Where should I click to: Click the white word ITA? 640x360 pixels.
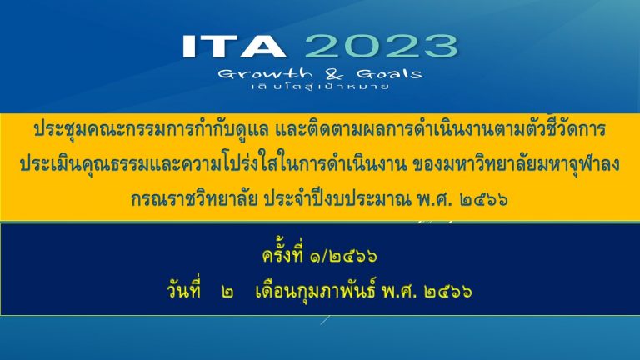point(234,46)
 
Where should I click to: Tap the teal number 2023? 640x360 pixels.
point(381,46)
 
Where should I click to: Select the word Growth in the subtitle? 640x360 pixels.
point(265,74)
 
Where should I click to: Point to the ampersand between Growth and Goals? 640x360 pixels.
point(334,74)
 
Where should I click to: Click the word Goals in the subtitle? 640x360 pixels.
point(389,74)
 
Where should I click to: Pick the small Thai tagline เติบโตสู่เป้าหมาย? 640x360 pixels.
point(320,87)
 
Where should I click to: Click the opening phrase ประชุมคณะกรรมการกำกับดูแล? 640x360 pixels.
point(151,129)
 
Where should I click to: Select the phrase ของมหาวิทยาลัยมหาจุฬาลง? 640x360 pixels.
point(517,164)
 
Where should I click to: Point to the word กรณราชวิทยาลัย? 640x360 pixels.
point(194,200)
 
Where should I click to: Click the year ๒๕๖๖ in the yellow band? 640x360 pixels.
point(483,200)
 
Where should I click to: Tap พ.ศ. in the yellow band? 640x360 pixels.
point(434,200)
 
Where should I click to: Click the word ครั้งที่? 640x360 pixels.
point(283,255)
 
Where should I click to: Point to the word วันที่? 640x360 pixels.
point(183,291)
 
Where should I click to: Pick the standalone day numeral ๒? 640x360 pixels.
point(227,292)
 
